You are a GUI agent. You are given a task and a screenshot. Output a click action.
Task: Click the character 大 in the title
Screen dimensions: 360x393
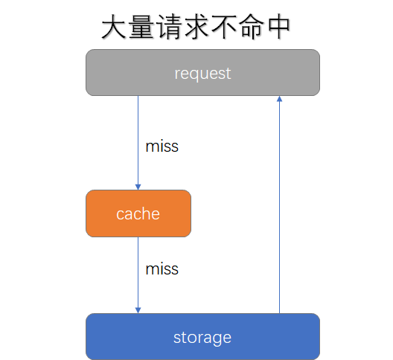[x=114, y=28]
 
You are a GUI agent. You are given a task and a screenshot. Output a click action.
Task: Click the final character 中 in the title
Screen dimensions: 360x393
[x=278, y=28]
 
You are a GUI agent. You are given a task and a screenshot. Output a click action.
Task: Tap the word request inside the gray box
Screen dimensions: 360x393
[x=202, y=74]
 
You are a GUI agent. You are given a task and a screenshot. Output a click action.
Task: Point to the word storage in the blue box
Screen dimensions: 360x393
[x=202, y=338]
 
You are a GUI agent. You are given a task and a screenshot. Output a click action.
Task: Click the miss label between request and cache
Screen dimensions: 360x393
[x=162, y=146]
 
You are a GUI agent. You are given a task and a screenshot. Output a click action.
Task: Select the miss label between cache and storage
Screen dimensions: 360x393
[x=162, y=269]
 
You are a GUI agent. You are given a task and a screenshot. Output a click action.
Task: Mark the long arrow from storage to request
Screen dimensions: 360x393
[x=279, y=208]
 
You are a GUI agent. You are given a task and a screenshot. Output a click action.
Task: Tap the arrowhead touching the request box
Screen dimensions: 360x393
[x=279, y=100]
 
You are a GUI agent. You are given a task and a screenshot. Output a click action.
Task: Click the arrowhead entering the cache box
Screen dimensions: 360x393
[x=138, y=186]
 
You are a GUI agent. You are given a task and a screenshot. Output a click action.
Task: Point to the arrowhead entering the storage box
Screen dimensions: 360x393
[x=138, y=309]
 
